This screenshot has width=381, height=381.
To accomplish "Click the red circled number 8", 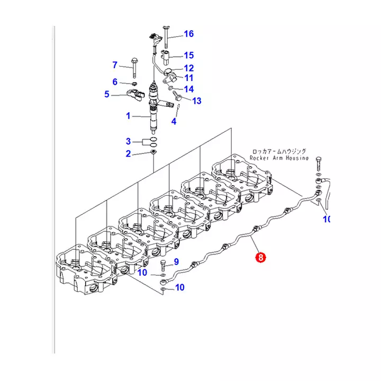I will coord(260,258).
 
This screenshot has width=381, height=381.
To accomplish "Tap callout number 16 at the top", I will coord(189,34).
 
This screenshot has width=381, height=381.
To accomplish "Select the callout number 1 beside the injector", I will coord(128,115).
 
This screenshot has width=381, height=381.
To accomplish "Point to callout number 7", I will coord(114,66).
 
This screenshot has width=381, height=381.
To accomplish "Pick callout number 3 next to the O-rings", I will coord(128,141).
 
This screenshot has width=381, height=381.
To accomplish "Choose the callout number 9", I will coord(177,261).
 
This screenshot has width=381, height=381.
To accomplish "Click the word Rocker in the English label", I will coord(261,158).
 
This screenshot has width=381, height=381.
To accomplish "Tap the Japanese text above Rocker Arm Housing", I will coord(278,151).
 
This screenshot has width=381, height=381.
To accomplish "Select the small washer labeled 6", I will coord(134,83).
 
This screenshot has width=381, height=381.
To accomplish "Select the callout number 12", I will coord(189,68).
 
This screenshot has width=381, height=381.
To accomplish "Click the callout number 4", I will coord(173,122).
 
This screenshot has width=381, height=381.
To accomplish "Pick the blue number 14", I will coord(189,89).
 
